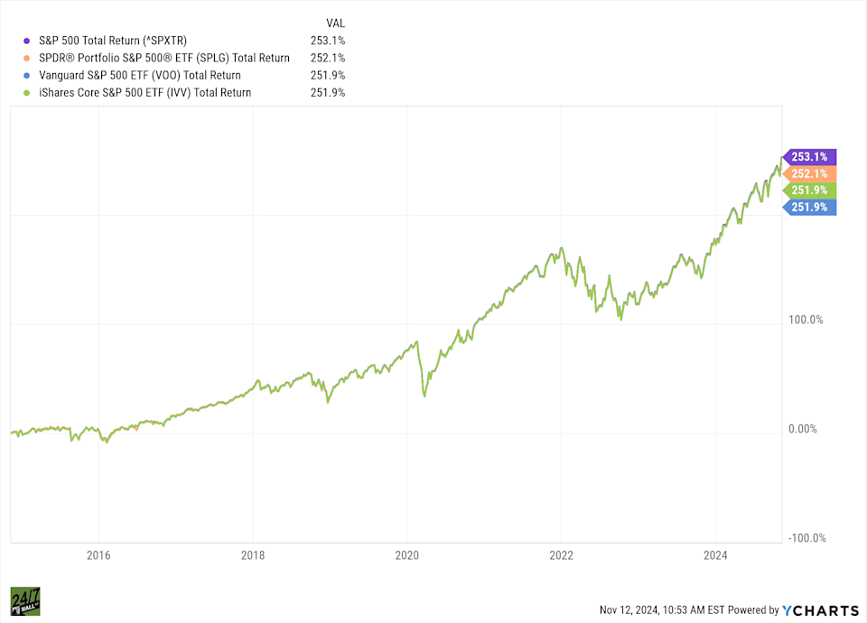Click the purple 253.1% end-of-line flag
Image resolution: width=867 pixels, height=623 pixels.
point(811,156)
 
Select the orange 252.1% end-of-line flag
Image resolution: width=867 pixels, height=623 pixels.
point(811,173)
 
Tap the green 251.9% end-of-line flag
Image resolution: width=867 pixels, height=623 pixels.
point(811,190)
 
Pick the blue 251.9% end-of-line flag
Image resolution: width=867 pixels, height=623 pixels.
point(811,207)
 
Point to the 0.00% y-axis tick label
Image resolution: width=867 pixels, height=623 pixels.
point(803,430)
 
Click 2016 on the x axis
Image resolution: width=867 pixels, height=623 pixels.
point(98,555)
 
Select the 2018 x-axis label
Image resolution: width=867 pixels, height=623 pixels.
point(253,555)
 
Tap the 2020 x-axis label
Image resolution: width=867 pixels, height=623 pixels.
point(407,555)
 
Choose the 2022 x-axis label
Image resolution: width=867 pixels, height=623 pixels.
point(562,555)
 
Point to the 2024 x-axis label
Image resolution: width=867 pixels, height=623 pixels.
point(715,555)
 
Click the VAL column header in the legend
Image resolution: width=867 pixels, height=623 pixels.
point(334,22)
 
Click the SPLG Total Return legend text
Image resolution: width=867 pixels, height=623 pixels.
point(164,58)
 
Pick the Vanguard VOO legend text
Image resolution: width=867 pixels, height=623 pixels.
point(140,75)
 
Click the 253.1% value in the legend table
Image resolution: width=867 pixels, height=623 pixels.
point(327,41)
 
